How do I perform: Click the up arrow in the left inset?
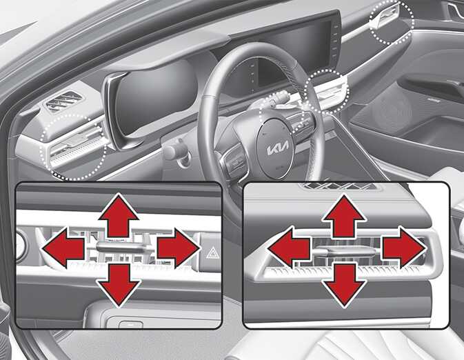tap(119, 215)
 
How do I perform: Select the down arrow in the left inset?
tap(119, 285)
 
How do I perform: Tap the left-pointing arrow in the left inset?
tap(63, 248)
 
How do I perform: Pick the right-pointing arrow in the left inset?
tap(179, 248)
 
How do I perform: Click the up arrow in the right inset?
tap(344, 216)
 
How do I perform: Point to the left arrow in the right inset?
tap(289, 248)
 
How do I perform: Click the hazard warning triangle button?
tap(212, 253)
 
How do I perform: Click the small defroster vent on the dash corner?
tap(63, 101)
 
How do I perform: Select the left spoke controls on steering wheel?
tap(234, 159)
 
